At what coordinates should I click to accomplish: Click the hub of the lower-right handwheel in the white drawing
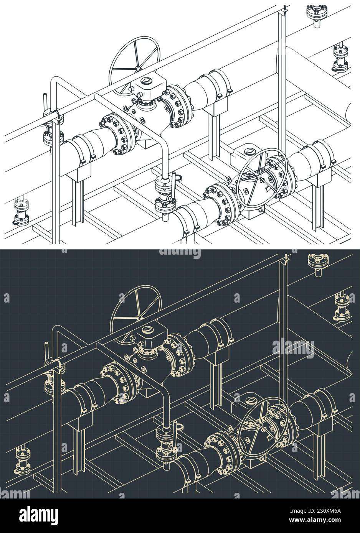click(x=261, y=173)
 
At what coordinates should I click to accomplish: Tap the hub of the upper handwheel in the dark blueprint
click(x=135, y=318)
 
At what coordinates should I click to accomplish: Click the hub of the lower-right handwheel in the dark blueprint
click(x=261, y=421)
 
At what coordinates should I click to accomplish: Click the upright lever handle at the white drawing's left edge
click(x=46, y=104)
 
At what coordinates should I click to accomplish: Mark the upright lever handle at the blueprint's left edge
click(x=46, y=352)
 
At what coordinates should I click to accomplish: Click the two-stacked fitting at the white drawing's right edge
click(x=339, y=58)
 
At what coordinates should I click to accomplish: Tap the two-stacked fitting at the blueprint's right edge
click(x=339, y=306)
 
